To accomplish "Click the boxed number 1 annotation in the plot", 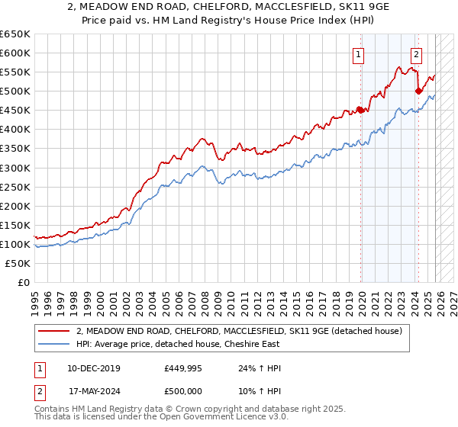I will pyautogui.click(x=359, y=54).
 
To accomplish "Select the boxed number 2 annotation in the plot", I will pyautogui.click(x=416, y=54).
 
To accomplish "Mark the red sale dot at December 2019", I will pyautogui.click(x=360, y=110).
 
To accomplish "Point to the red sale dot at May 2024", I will pyautogui.click(x=418, y=91).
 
